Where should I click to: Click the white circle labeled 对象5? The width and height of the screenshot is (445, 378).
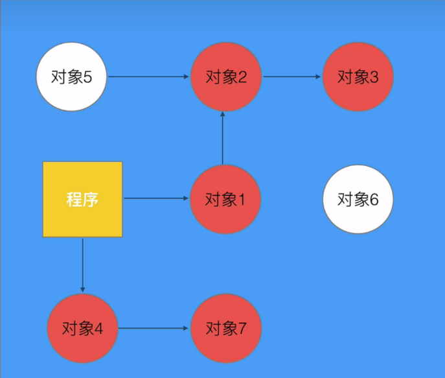71,77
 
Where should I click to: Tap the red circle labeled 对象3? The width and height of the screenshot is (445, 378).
358,77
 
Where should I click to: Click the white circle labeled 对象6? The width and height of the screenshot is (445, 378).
358,199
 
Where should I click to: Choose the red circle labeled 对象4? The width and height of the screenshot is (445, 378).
83,328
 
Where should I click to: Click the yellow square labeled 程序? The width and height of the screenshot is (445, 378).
82,199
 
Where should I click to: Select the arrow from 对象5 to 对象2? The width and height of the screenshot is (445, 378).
149,77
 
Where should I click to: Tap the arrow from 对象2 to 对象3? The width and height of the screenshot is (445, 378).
291,77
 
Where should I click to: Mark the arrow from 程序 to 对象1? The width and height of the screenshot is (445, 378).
155,198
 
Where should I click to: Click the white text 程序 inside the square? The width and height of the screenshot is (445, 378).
82,199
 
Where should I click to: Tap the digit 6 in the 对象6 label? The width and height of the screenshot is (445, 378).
374,199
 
